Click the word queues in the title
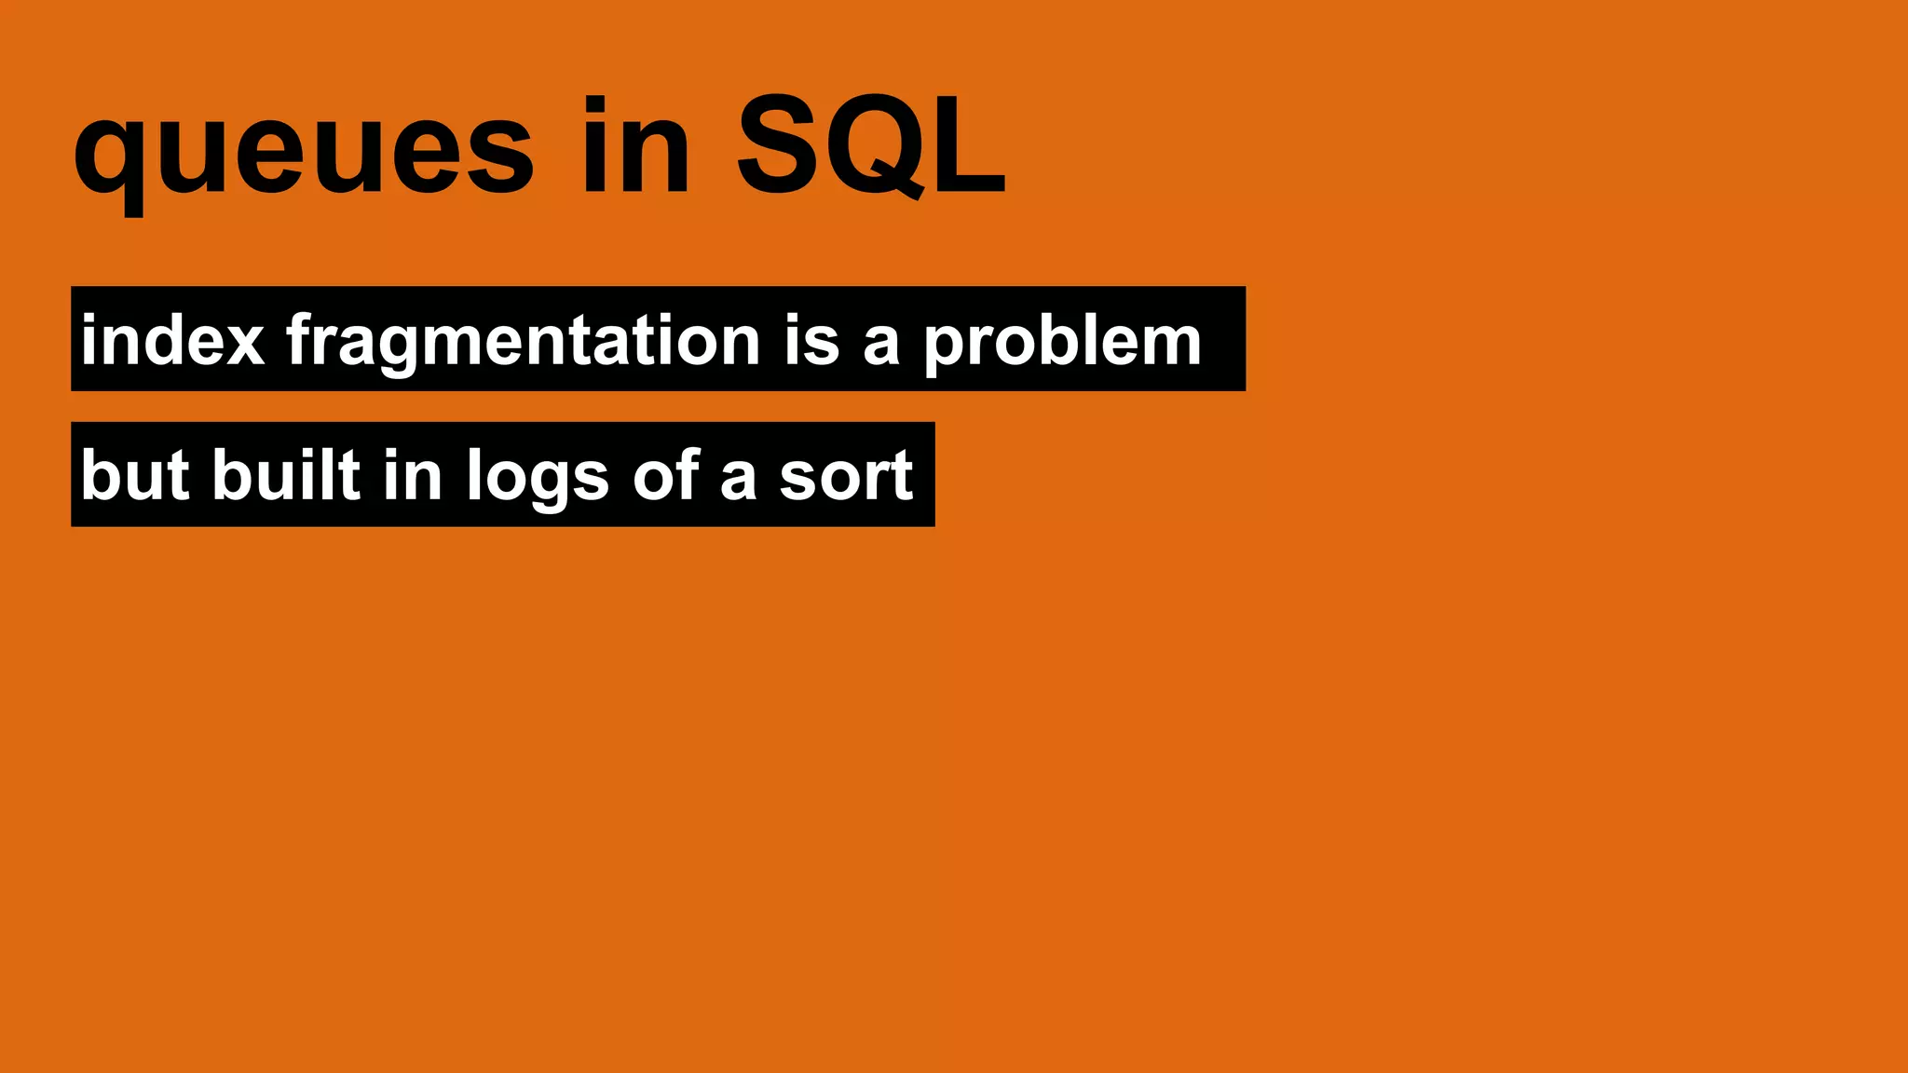304,149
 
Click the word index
173,340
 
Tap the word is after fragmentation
811,340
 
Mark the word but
135,475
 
